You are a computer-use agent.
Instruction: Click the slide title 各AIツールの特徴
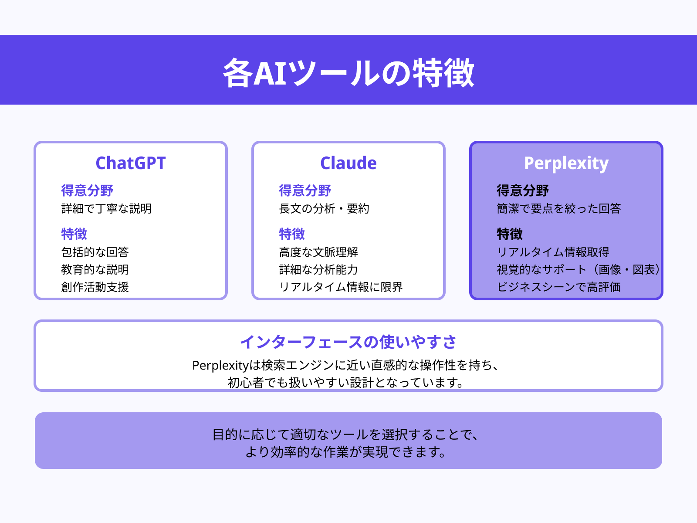coord(348,72)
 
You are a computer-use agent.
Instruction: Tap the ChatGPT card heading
coord(131,163)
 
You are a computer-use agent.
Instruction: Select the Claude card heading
coord(348,163)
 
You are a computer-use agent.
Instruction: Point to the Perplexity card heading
coord(566,163)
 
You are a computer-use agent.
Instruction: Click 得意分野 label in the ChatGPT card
coord(87,190)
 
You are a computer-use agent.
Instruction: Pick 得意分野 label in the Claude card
coord(305,190)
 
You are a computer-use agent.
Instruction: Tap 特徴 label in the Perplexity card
coord(510,234)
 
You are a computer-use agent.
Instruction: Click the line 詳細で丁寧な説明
coord(106,209)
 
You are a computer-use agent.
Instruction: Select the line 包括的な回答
coord(95,252)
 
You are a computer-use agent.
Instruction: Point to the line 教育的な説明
coord(95,270)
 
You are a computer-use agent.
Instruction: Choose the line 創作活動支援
coord(95,287)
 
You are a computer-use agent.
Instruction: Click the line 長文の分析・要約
coord(324,209)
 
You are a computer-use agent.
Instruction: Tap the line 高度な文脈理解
coord(318,252)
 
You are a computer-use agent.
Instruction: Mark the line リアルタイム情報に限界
coord(341,287)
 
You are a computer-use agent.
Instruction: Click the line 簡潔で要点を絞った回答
coord(559,209)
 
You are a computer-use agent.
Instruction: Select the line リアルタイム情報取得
coord(553,252)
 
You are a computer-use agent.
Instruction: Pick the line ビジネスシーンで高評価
coord(559,287)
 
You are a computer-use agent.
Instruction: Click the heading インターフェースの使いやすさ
coord(348,342)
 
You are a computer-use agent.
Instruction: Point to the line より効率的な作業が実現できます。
coord(346,452)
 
